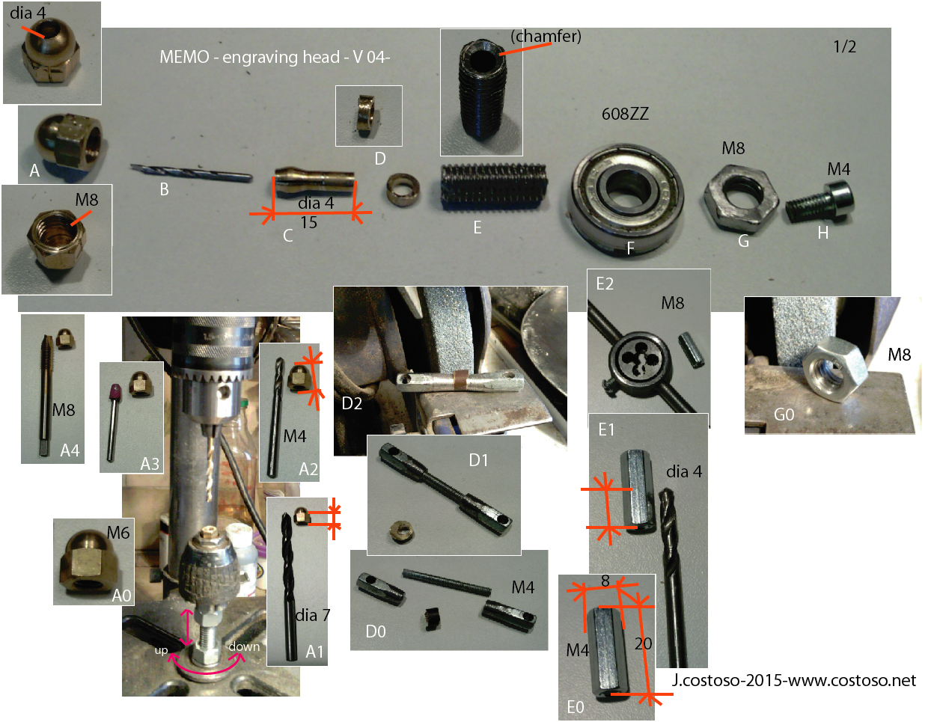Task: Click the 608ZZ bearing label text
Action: (x=625, y=114)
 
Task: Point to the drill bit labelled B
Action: (x=192, y=173)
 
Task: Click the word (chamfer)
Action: (x=546, y=36)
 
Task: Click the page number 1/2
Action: (x=844, y=47)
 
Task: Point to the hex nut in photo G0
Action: (x=833, y=370)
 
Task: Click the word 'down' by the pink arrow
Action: (x=244, y=646)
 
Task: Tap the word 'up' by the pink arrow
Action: (x=162, y=650)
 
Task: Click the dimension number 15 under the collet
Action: (x=308, y=223)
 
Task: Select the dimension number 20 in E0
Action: (x=643, y=643)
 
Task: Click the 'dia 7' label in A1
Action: (x=313, y=615)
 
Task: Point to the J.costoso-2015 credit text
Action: (x=794, y=680)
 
